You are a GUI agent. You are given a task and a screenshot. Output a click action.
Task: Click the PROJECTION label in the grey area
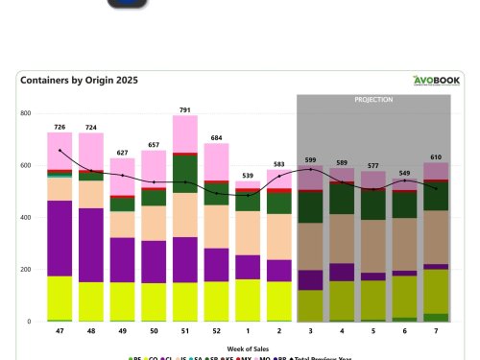click(373, 99)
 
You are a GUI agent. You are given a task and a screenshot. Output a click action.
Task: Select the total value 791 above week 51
click(185, 108)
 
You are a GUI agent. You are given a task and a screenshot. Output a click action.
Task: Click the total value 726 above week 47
click(60, 126)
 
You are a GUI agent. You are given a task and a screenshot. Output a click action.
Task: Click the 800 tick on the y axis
click(27, 113)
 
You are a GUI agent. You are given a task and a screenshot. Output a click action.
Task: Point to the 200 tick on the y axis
click(27, 270)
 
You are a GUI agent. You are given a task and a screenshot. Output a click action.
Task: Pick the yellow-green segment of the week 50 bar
click(154, 301)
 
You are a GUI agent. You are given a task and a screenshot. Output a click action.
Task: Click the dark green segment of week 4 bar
click(342, 198)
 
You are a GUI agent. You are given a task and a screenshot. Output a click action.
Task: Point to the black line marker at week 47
click(60, 151)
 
